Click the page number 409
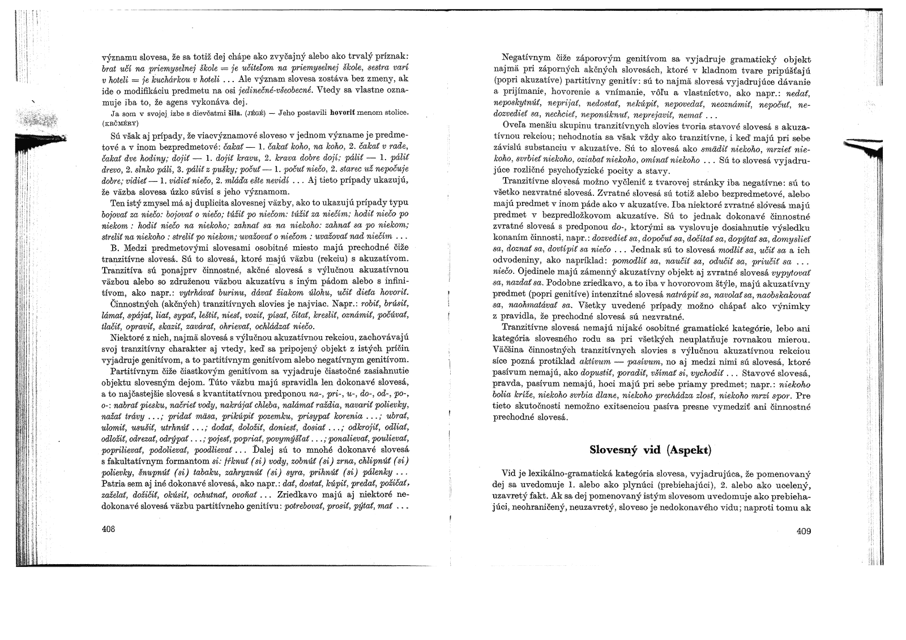803,531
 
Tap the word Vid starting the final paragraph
508,473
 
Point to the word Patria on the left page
113,484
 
